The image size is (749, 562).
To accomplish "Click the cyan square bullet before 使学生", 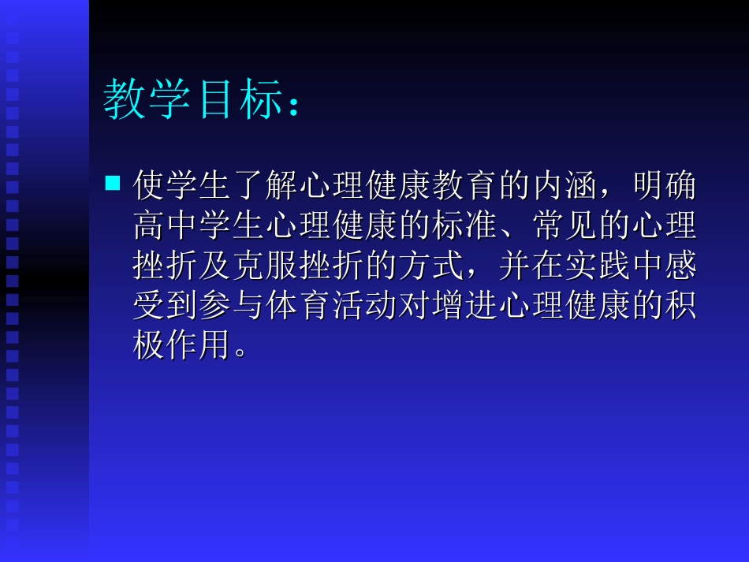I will (113, 184).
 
